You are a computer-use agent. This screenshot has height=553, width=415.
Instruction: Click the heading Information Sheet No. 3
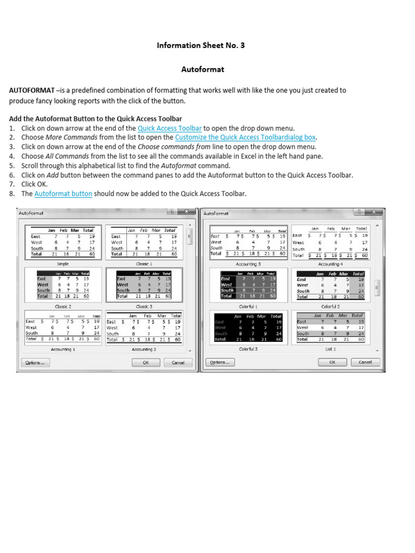(200, 45)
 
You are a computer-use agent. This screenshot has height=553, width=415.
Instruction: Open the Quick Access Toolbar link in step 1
(170, 128)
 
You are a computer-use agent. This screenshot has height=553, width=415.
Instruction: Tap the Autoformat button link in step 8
(63, 193)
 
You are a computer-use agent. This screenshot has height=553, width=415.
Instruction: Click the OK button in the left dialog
(146, 362)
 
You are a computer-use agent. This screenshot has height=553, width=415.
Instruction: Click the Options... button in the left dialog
(35, 362)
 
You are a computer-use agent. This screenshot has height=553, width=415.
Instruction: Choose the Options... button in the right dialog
(219, 362)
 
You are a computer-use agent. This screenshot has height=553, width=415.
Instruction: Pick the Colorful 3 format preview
(248, 327)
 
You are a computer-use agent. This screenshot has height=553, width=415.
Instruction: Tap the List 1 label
(330, 349)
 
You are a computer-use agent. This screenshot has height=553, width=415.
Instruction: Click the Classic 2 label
(63, 306)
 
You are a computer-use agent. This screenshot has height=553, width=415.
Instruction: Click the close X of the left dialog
(186, 212)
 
